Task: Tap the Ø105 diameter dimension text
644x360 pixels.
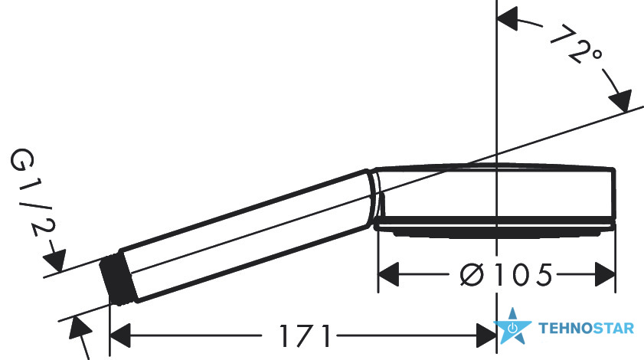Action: [x=506, y=274]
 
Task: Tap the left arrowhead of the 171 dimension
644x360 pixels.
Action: [x=120, y=335]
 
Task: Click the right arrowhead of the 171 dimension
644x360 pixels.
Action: [x=486, y=335]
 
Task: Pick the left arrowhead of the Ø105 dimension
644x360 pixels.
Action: [x=388, y=274]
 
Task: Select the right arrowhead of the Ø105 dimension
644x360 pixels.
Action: [x=605, y=274]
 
